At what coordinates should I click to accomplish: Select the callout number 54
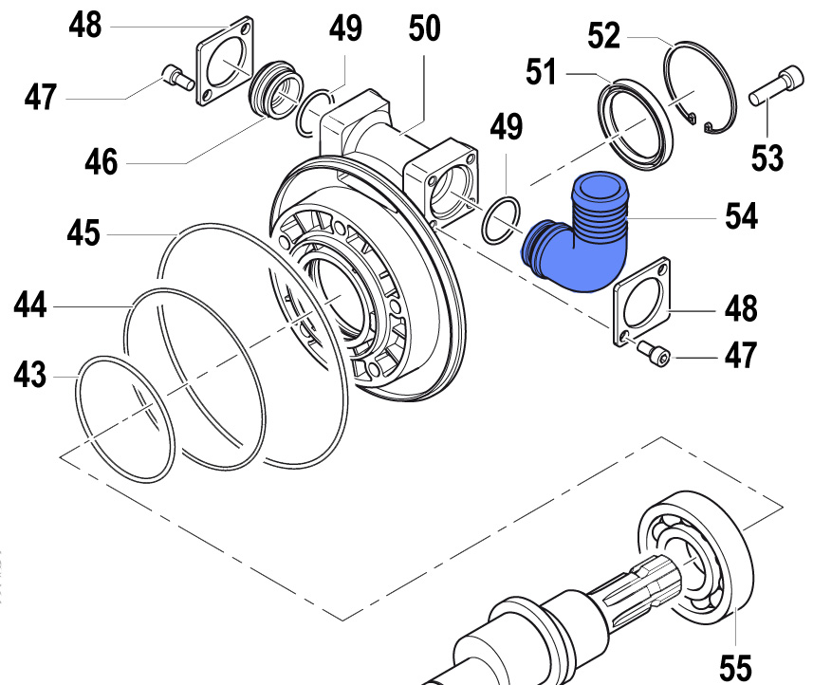735,217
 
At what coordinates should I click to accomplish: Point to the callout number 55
736,665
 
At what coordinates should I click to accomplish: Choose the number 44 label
29,305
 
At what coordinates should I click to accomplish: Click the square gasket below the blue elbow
645,305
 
